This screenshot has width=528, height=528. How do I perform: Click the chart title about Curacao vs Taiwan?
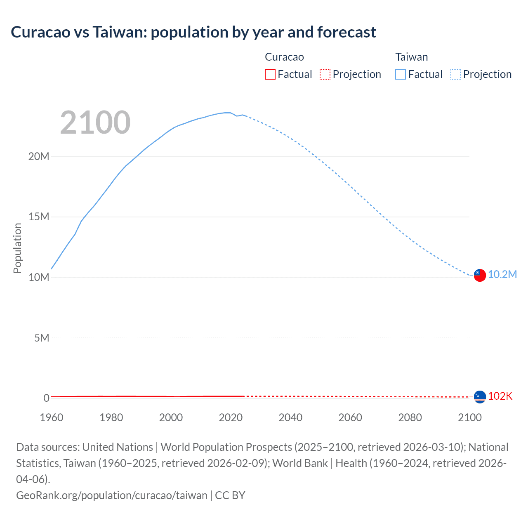[193, 32]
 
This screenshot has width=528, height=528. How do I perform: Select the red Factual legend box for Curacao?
[270, 74]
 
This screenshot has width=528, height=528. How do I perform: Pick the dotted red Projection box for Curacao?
[325, 74]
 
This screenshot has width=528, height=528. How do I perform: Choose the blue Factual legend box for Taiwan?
[400, 74]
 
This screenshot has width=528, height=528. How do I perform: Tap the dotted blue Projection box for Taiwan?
[455, 74]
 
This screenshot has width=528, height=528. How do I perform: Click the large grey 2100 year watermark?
[95, 123]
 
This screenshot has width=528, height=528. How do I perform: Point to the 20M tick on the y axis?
[39, 156]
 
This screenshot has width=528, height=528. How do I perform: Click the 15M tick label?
[39, 217]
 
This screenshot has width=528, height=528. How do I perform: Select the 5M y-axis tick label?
[41, 338]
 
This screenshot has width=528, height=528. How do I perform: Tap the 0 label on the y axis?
[46, 398]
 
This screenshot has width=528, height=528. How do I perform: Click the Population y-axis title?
[17, 248]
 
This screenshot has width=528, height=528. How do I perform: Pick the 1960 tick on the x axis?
[52, 417]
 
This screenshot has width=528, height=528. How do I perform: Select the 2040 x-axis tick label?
[290, 417]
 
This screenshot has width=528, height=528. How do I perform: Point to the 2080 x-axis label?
[410, 417]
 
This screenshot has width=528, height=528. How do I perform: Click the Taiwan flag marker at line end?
[480, 275]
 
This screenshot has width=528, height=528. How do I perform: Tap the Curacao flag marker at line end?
[480, 397]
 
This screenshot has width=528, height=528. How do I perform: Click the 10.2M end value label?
[502, 275]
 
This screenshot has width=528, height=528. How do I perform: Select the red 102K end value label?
[500, 396]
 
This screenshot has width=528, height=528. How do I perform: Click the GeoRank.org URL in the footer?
[112, 495]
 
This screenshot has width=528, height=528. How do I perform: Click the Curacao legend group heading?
[284, 57]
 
